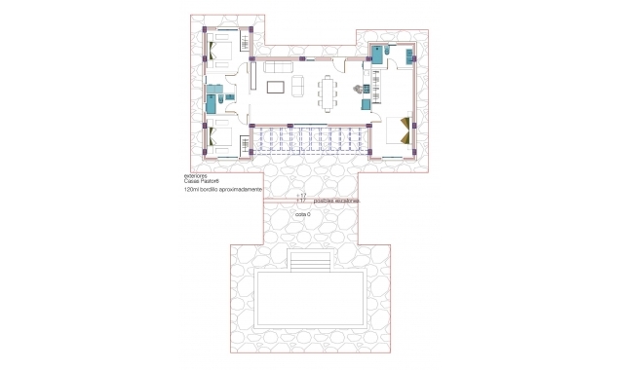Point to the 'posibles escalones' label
click(x=336, y=200)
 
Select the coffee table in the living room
click(x=276, y=89)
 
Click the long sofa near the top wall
click(x=280, y=67)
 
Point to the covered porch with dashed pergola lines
click(x=309, y=142)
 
